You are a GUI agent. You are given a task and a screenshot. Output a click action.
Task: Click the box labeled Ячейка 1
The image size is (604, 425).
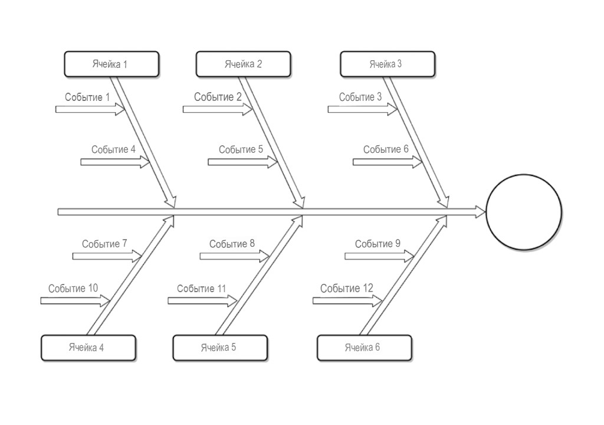point(111,64)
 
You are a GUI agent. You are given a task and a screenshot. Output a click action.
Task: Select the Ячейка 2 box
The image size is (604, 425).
point(243,64)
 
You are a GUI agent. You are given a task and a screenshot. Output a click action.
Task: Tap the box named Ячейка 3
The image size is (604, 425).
point(388,64)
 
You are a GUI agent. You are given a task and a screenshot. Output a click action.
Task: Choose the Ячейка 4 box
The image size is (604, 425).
point(88,348)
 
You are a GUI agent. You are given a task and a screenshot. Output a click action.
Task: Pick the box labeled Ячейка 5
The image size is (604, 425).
point(220,348)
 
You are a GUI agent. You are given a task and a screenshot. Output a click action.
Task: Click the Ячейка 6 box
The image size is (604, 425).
point(364,348)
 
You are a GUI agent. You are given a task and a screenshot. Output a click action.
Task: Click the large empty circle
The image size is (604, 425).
point(524,212)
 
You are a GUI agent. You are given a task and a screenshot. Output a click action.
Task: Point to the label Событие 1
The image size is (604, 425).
point(87,97)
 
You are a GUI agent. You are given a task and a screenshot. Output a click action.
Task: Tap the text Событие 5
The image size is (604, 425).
point(241,149)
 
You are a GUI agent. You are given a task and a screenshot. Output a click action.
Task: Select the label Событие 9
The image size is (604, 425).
point(377,243)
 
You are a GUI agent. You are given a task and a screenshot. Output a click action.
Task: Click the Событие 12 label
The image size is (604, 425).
point(347,288)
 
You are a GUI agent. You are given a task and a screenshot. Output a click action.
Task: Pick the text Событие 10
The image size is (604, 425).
point(73,288)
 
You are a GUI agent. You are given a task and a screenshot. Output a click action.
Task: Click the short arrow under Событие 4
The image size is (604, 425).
point(115,162)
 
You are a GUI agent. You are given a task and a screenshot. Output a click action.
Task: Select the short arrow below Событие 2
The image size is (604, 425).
point(217,109)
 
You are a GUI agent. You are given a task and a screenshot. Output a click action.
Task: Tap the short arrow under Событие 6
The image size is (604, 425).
point(388,162)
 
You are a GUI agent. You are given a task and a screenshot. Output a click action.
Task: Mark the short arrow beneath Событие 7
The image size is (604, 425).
point(107,256)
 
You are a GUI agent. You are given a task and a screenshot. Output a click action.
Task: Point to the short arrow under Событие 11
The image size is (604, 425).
point(202,300)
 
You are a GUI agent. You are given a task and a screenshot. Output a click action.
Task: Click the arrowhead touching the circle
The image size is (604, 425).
point(480,212)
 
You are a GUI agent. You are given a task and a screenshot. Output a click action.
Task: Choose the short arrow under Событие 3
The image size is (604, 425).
point(362,109)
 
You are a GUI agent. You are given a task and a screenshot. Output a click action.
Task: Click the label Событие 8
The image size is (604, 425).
point(232,243)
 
